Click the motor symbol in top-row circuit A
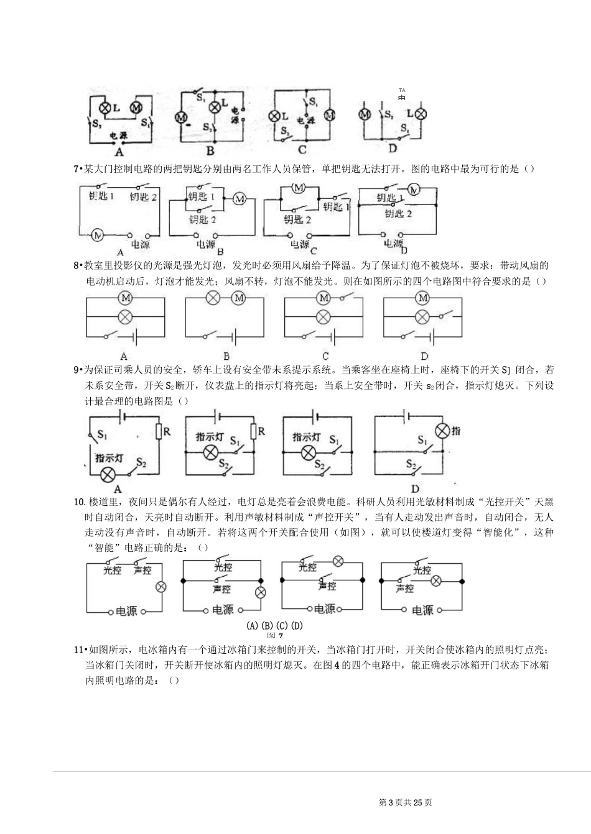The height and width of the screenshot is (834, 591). pos(136,108)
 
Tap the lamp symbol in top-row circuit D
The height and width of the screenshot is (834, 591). pos(421,114)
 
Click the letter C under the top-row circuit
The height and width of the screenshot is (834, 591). pos(302,149)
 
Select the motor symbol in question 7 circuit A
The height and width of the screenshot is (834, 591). pos(97,235)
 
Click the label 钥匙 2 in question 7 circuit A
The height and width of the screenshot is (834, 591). pos(144,197)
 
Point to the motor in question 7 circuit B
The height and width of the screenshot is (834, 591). pos(240,199)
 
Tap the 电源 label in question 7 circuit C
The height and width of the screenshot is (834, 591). pos(300,244)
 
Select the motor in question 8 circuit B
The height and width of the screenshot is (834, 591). pos(239,299)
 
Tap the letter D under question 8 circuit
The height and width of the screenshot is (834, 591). pos(424,356)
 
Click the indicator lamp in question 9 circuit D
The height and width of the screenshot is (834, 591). pos(442,431)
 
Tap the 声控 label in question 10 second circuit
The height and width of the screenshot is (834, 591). pos(222,589)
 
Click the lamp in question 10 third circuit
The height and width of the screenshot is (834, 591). pos(338,562)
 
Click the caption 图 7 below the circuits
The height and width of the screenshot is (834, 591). pos(274,636)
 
